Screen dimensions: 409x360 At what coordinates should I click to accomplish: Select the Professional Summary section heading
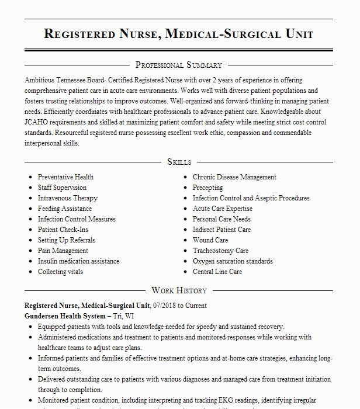point(179,65)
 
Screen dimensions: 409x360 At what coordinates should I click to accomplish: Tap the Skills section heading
point(179,162)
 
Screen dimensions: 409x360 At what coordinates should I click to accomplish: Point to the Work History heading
point(179,290)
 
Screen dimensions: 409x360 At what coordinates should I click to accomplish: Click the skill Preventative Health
point(65,177)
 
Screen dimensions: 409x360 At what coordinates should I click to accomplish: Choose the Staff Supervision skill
point(62,188)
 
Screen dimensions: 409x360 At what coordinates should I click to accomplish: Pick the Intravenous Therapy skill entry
point(68,198)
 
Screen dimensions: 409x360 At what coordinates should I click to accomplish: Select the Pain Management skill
point(63,251)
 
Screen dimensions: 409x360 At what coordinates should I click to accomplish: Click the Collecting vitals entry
point(60,272)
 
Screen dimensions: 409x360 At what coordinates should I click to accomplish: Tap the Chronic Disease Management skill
point(234,177)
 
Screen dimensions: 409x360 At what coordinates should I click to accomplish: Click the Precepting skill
point(207,188)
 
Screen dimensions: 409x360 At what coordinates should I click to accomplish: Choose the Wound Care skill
point(210,240)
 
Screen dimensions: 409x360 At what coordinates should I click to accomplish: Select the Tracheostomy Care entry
point(220,251)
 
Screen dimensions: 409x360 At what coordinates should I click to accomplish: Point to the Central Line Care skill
point(217,272)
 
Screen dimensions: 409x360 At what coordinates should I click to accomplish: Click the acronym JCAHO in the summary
point(38,122)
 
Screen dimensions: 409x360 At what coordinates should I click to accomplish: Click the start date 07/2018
point(164,306)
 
